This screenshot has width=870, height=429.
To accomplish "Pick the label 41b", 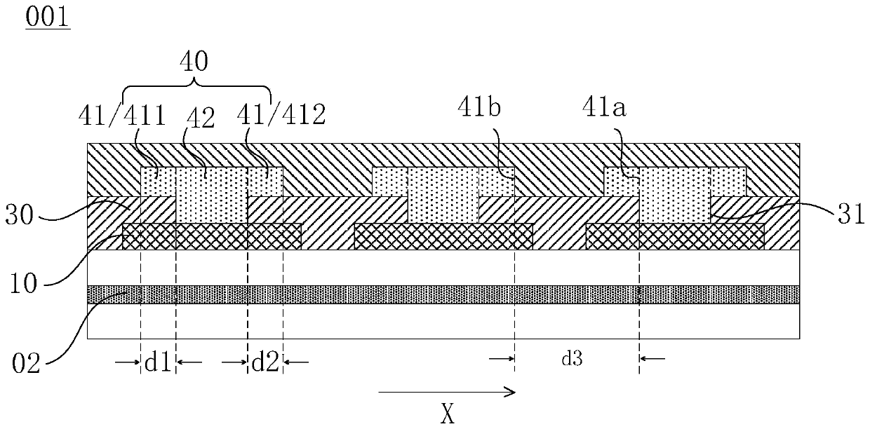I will tap(479, 110).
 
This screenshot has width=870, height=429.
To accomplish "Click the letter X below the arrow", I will tap(447, 416).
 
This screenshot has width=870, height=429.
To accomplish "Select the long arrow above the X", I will tap(446, 393).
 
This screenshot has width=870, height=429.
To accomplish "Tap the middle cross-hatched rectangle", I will tap(443, 236).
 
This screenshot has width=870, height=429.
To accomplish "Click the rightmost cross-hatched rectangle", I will tap(675, 236).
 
